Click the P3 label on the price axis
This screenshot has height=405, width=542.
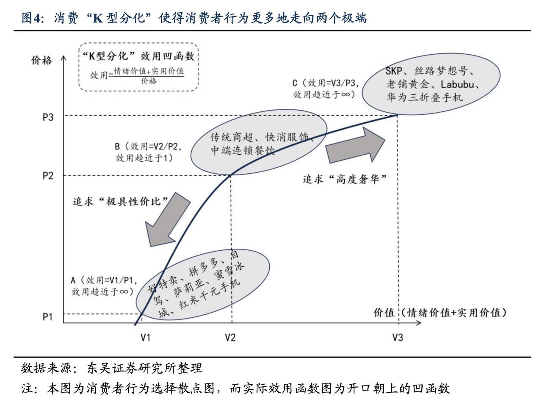48,117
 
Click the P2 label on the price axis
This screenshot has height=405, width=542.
48,175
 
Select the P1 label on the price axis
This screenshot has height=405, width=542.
48,317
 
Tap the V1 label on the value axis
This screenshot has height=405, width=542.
146,337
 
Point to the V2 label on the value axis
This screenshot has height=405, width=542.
230,337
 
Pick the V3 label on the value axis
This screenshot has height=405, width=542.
397,337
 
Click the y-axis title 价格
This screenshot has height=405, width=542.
41,61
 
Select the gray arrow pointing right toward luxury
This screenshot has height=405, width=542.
356,145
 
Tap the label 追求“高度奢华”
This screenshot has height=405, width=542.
345,179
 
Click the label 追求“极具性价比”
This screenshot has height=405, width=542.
121,201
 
